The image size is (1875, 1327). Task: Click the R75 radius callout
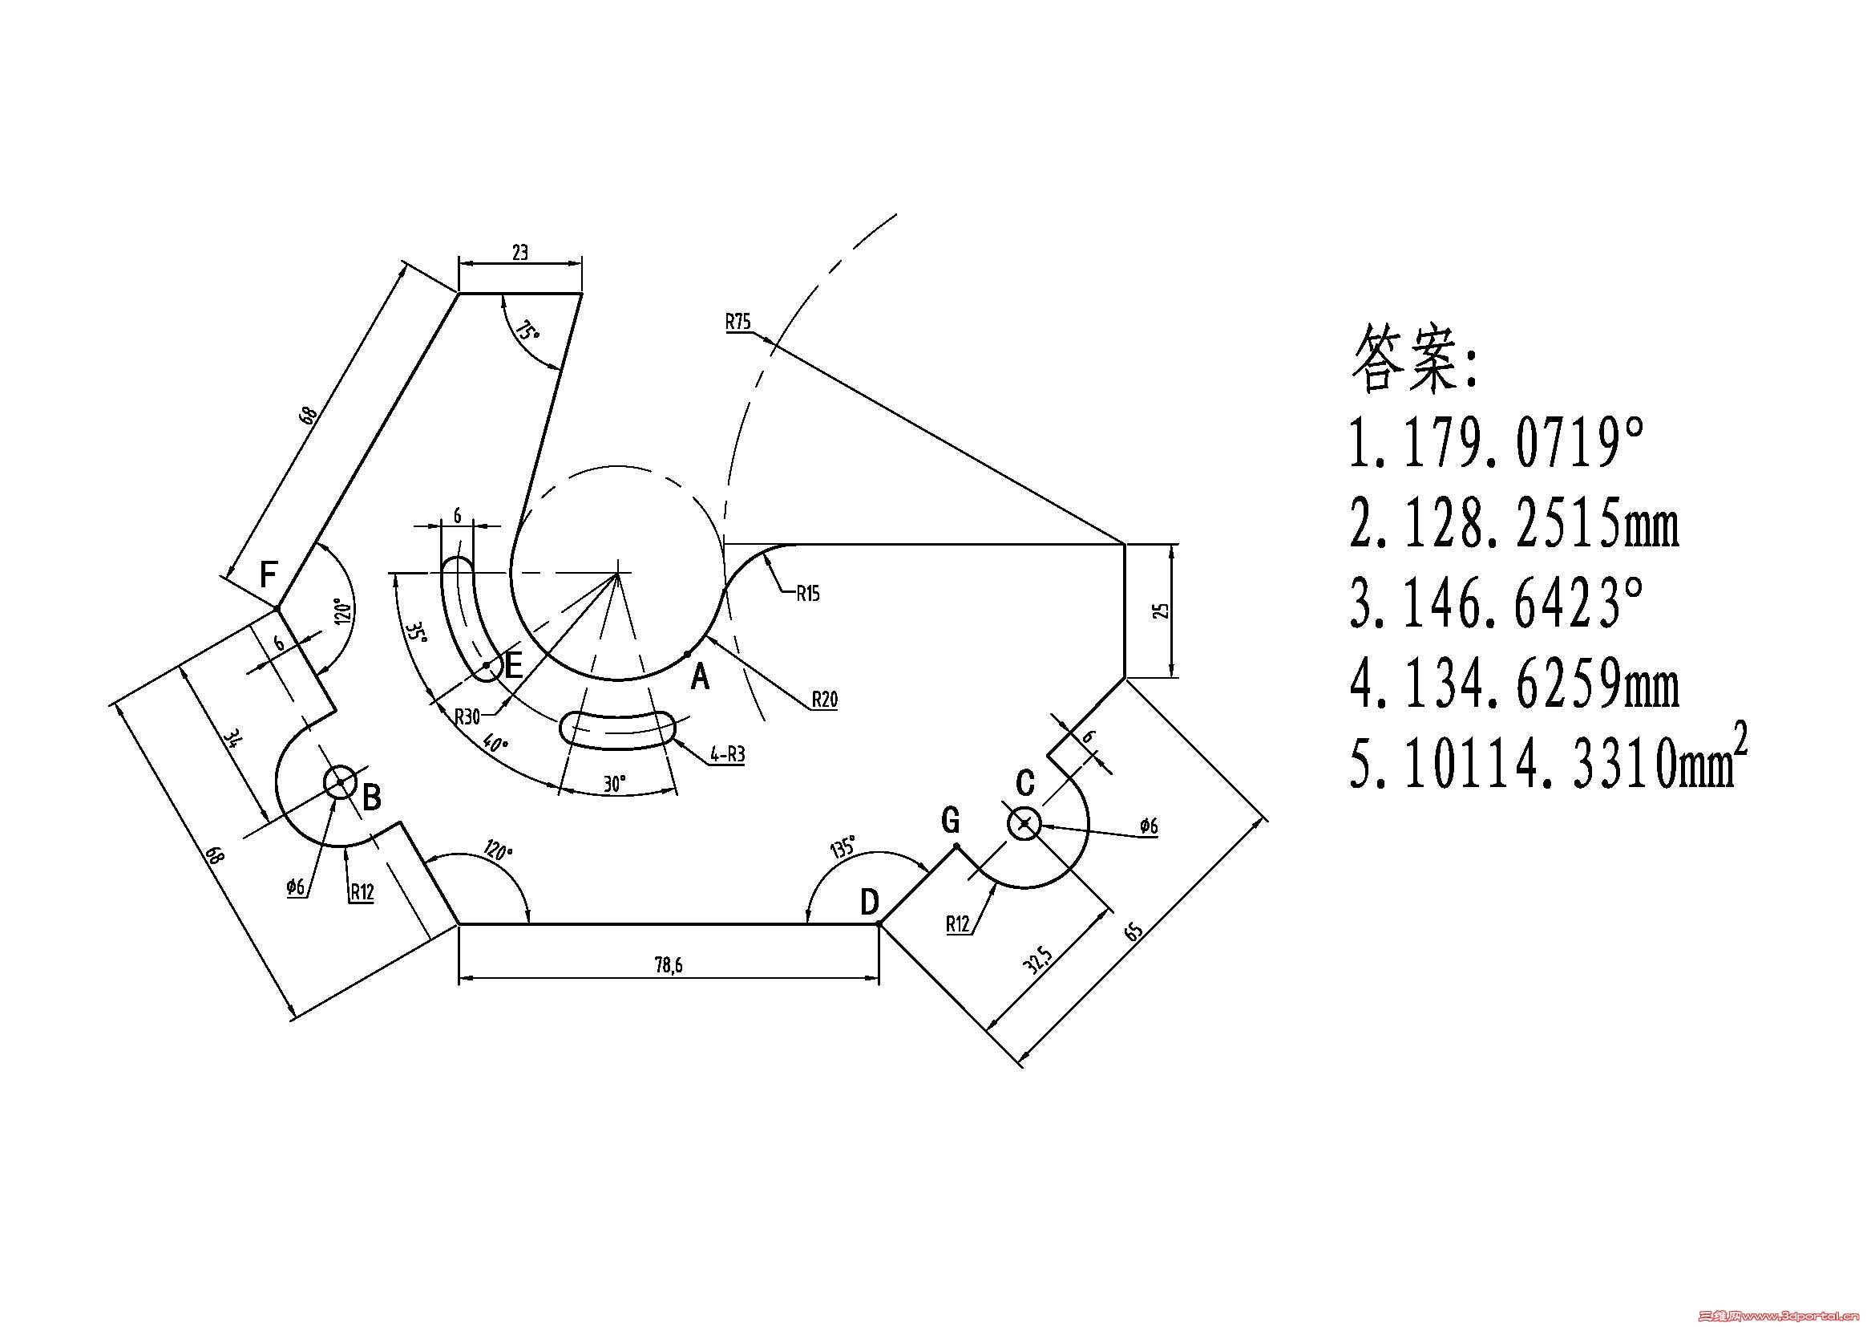coord(737,321)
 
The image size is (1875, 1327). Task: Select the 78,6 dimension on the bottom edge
coord(668,965)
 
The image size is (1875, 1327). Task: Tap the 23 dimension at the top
coord(520,253)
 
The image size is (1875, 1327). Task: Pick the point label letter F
coord(268,574)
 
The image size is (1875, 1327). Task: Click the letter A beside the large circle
coord(700,677)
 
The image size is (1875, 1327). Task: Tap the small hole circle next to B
coord(340,783)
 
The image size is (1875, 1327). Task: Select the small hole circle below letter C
coord(1024,824)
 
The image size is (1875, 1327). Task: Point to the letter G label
coord(951,820)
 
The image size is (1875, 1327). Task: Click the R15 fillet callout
coord(808,593)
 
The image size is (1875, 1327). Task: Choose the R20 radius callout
coord(825,700)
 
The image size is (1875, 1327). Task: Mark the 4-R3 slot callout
coord(728,754)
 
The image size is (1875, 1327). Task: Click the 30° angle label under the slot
coord(614,784)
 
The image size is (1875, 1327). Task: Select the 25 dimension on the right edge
coord(1165,611)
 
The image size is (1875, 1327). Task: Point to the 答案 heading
coord(1413,358)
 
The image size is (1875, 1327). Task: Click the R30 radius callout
coord(467,716)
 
